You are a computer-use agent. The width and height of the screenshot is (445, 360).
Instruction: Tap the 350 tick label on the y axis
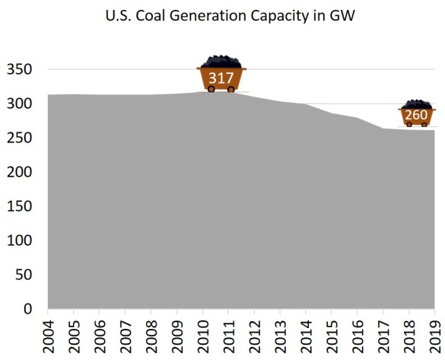pos(20,69)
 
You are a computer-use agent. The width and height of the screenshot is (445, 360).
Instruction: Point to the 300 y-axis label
pos(20,104)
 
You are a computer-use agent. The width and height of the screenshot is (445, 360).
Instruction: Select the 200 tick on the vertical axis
pos(20,172)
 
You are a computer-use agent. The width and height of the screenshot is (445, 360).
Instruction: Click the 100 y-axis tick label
pos(20,241)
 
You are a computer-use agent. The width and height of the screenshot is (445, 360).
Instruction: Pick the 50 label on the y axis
pos(24,275)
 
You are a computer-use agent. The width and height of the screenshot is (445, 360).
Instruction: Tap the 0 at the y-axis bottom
pos(27,309)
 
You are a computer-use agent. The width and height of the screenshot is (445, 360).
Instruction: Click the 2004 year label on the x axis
pos(48,333)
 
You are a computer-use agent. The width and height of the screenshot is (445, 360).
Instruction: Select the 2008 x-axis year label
pos(151,333)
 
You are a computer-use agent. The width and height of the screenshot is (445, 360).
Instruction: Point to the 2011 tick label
pos(227,333)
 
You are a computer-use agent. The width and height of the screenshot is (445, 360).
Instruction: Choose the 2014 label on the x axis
pos(305,333)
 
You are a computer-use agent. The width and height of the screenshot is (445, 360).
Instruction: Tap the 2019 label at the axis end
pos(434,333)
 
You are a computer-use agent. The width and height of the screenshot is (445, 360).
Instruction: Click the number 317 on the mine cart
pos(221,77)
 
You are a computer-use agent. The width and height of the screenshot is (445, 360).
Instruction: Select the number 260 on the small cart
pos(416,116)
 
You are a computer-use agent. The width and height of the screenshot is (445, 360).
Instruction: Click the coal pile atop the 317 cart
pos(221,62)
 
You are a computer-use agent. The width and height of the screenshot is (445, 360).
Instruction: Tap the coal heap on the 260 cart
pos(416,104)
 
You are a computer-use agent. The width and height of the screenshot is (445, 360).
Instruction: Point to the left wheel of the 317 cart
pos(211,89)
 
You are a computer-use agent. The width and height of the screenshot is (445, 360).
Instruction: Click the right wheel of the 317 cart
pos(231,89)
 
